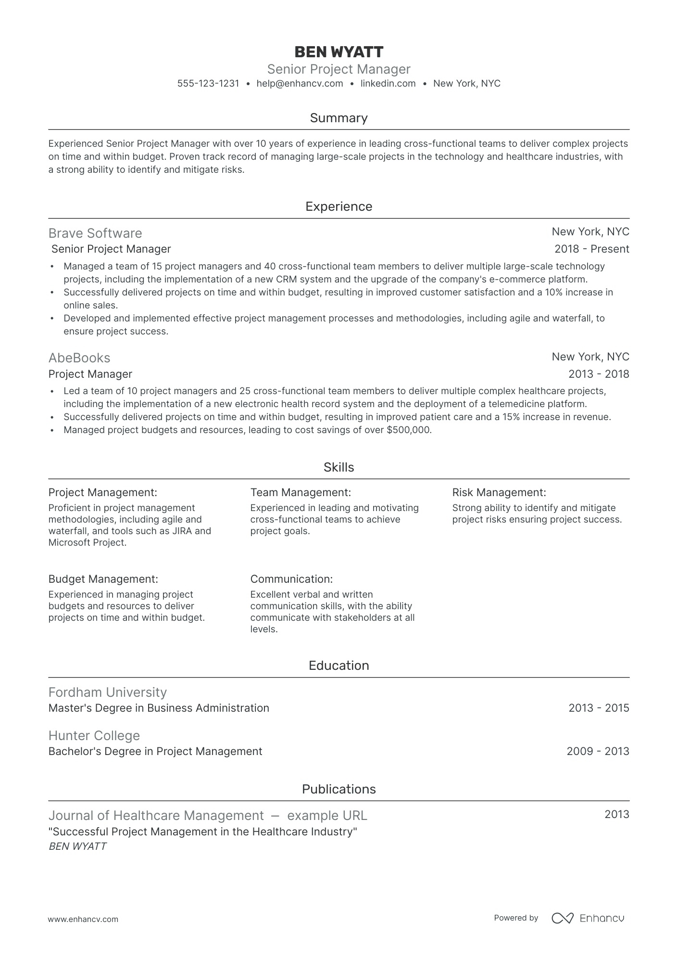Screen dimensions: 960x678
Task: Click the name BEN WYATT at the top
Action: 339,52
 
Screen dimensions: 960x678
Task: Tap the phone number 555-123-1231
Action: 208,84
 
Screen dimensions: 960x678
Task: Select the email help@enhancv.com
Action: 300,84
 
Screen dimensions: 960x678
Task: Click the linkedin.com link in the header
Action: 388,84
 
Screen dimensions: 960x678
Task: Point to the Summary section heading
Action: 339,118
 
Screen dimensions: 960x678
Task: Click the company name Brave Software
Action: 95,233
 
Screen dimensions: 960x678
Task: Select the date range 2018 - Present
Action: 591,249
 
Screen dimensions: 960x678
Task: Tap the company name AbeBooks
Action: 79,358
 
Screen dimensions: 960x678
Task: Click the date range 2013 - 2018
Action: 598,374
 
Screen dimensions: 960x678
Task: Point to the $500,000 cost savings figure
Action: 409,430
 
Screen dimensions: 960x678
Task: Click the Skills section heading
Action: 339,467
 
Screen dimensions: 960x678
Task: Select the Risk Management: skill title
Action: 499,493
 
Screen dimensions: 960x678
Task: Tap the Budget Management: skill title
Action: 103,579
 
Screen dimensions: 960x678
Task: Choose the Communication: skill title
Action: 291,579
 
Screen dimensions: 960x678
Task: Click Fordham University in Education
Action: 108,692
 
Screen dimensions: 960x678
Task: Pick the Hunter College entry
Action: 94,736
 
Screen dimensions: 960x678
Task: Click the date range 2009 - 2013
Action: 598,752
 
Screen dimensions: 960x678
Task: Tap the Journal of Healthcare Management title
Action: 156,816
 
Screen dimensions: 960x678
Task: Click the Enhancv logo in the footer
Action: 588,918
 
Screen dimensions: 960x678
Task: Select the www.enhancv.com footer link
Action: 83,919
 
